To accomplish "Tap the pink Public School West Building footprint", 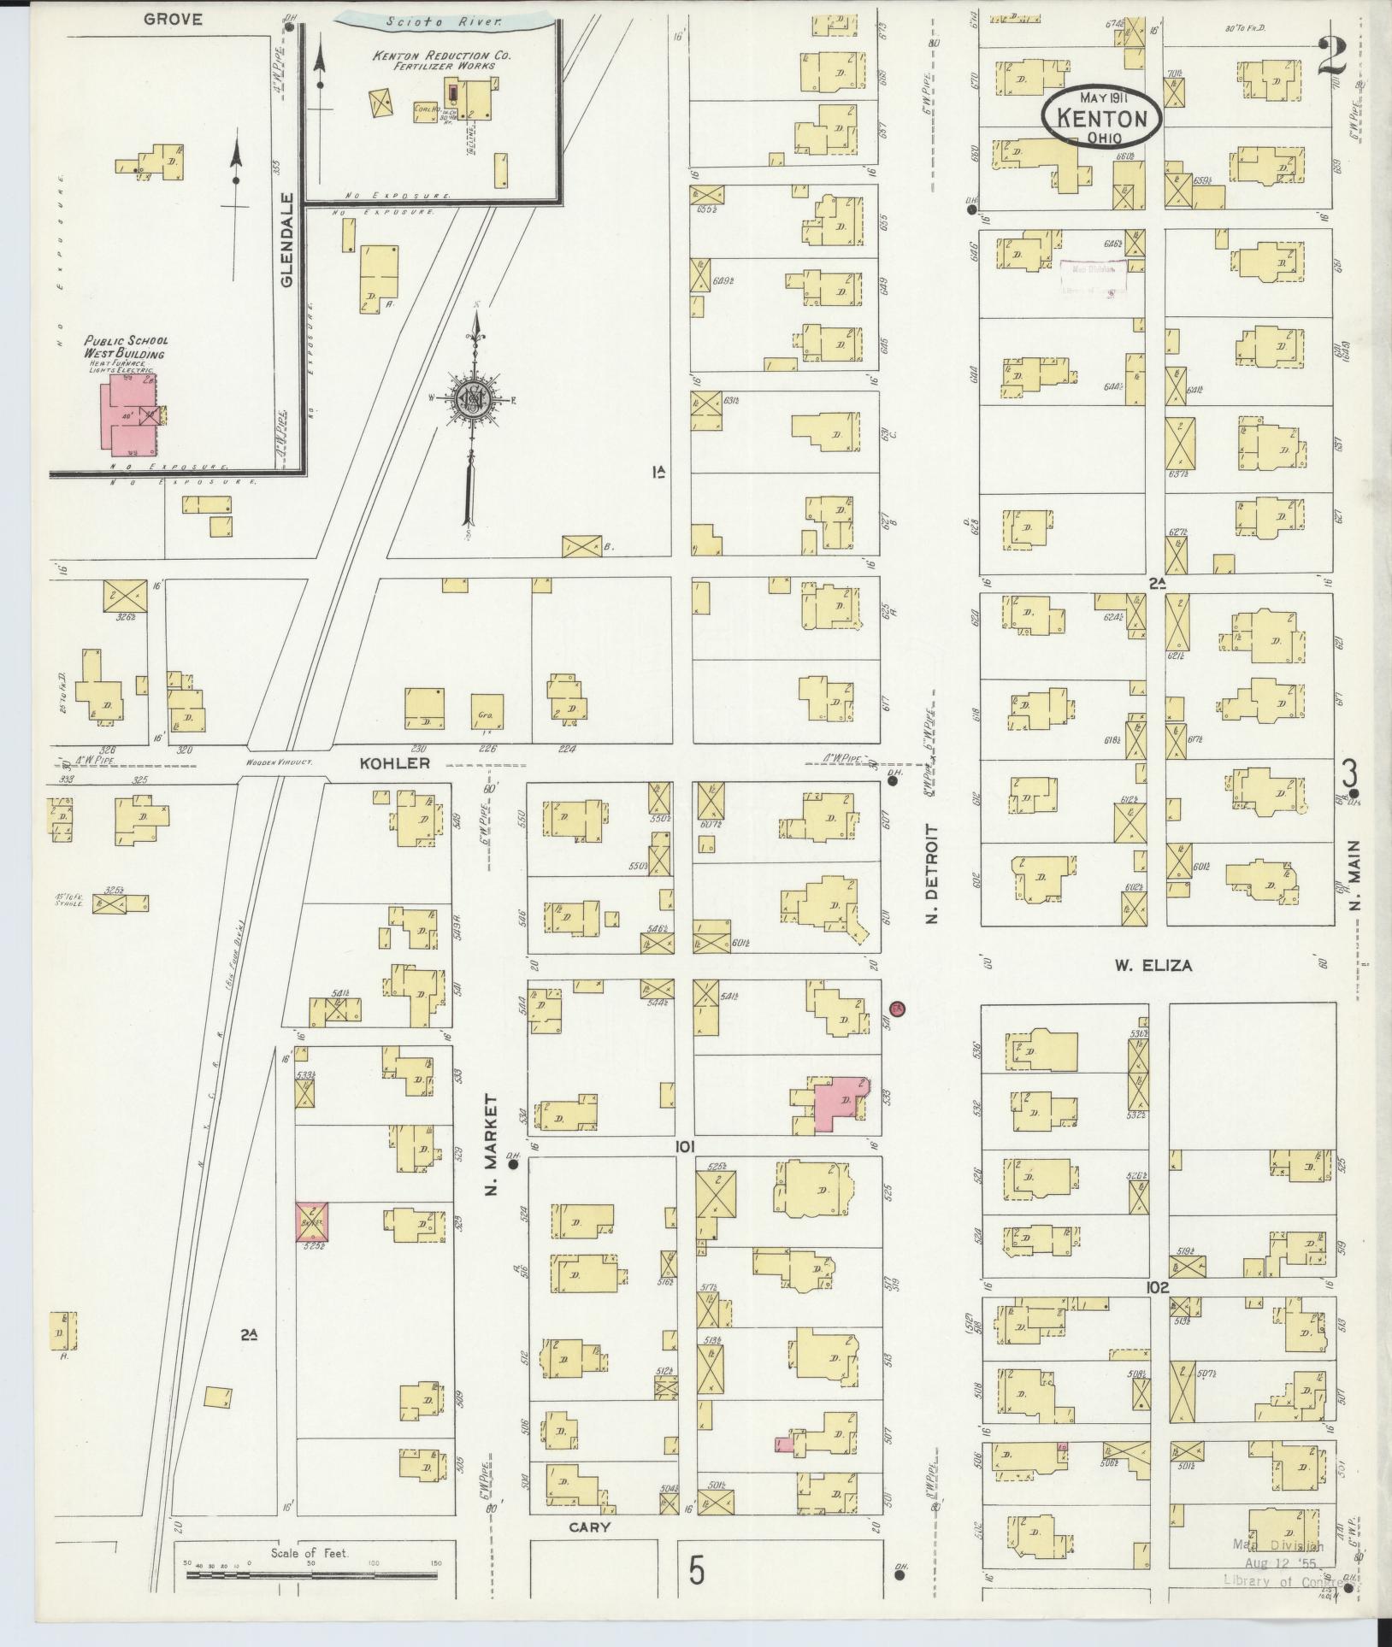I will pyautogui.click(x=129, y=413).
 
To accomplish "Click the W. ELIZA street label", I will pyautogui.click(x=1153, y=967).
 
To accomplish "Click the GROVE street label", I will pyautogui.click(x=173, y=19).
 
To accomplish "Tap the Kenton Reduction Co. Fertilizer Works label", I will pyautogui.click(x=440, y=61).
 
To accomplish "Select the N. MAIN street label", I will pyautogui.click(x=1356, y=873).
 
